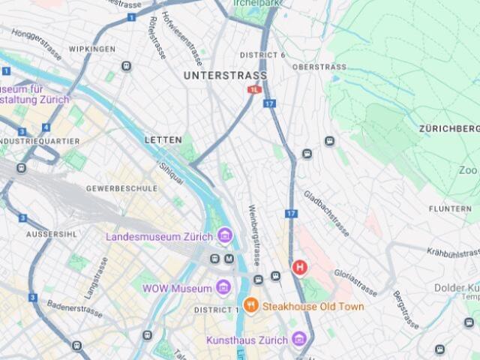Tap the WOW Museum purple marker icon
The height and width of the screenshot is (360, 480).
pos(223,287)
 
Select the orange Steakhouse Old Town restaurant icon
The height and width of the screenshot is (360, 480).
pos(251,306)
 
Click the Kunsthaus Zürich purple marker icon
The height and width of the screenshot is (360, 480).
pos(299,340)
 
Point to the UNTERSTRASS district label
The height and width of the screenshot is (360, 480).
pos(225,76)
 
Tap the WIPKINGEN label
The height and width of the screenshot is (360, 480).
pos(92,49)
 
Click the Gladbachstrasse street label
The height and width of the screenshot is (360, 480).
pos(327,212)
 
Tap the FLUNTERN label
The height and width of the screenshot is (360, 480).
pos(451,208)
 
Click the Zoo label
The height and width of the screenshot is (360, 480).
pos(467,170)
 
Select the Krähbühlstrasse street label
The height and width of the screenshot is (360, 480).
pos(452,253)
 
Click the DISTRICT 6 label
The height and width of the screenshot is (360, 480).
pos(262,55)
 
